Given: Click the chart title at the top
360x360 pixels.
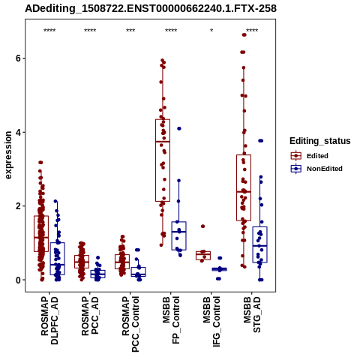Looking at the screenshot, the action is click(151, 9).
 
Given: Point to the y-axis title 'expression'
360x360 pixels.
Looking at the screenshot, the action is click(8, 155).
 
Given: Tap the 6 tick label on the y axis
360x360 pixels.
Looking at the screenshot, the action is click(18, 58).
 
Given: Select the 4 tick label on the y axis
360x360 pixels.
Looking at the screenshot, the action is click(18, 132).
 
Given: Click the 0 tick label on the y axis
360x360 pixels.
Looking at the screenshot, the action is click(18, 280).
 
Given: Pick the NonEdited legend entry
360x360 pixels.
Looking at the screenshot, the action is click(316, 169).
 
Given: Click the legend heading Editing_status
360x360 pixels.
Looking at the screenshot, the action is click(320, 141).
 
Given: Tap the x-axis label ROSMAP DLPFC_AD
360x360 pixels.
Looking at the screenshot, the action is click(49, 320).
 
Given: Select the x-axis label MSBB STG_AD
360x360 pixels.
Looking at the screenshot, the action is click(252, 314).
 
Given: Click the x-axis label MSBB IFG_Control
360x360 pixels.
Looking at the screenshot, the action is click(211, 322).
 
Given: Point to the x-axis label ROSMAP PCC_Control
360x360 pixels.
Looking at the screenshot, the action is click(130, 324).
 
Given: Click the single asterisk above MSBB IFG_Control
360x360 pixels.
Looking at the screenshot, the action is click(211, 31).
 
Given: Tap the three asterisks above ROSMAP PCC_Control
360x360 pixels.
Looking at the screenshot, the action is click(130, 31).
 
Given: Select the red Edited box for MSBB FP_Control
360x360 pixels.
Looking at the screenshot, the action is click(163, 160).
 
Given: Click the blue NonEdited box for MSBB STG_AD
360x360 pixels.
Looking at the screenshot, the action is click(260, 244).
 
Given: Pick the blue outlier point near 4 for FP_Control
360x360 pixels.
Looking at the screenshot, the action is click(179, 128).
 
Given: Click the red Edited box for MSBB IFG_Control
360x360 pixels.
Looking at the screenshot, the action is click(203, 256).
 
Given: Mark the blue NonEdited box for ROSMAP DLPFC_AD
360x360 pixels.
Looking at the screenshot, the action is click(58, 259).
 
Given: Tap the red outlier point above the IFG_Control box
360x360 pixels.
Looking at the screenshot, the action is click(203, 226).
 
